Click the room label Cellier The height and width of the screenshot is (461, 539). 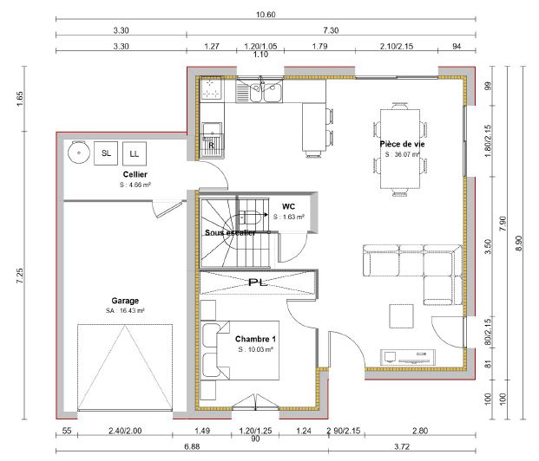(135, 174)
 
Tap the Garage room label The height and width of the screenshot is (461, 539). (125, 301)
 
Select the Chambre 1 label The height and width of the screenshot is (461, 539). (255, 338)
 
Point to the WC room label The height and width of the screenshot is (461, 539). (288, 207)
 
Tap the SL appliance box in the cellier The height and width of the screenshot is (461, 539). (106, 153)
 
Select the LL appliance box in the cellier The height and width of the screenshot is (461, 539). (134, 153)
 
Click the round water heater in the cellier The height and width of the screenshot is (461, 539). (78, 153)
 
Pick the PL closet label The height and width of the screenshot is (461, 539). (256, 282)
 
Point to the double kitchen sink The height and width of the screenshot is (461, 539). (264, 89)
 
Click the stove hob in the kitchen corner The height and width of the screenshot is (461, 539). (210, 88)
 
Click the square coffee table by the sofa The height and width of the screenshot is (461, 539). (401, 315)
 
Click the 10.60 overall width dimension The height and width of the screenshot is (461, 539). (266, 15)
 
